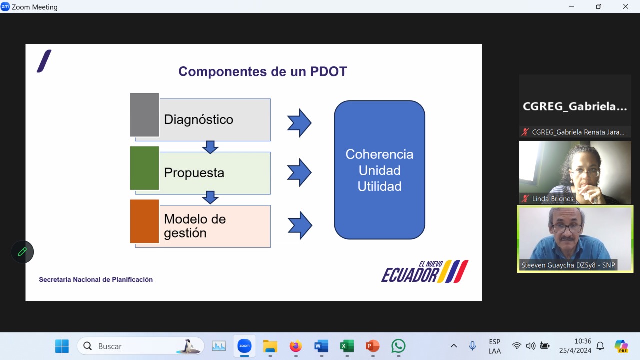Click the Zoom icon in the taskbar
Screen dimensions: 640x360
[x=244, y=346]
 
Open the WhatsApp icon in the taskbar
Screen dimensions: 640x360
[x=398, y=346]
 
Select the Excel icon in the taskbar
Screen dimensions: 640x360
[x=347, y=346]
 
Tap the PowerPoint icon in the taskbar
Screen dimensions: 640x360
[x=372, y=346]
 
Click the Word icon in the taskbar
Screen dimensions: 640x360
[x=321, y=346]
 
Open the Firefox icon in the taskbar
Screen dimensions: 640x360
[x=295, y=346]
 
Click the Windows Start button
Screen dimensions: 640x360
[x=62, y=346]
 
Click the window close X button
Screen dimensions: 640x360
[x=625, y=6]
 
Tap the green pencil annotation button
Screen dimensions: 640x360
[x=22, y=252]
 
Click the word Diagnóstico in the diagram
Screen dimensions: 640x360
[x=198, y=119]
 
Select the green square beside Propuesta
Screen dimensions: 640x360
[x=144, y=168]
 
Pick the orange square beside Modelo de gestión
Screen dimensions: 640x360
[x=144, y=221]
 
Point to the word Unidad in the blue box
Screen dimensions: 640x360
[x=379, y=170]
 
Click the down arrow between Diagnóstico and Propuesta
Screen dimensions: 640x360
[x=210, y=147]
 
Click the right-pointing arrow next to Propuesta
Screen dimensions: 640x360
[x=299, y=173]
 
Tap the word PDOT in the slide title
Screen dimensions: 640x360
[x=328, y=71]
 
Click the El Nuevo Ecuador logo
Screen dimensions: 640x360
[x=425, y=271]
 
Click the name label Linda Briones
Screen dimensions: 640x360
[x=553, y=199]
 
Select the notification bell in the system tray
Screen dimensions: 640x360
[x=600, y=346]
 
